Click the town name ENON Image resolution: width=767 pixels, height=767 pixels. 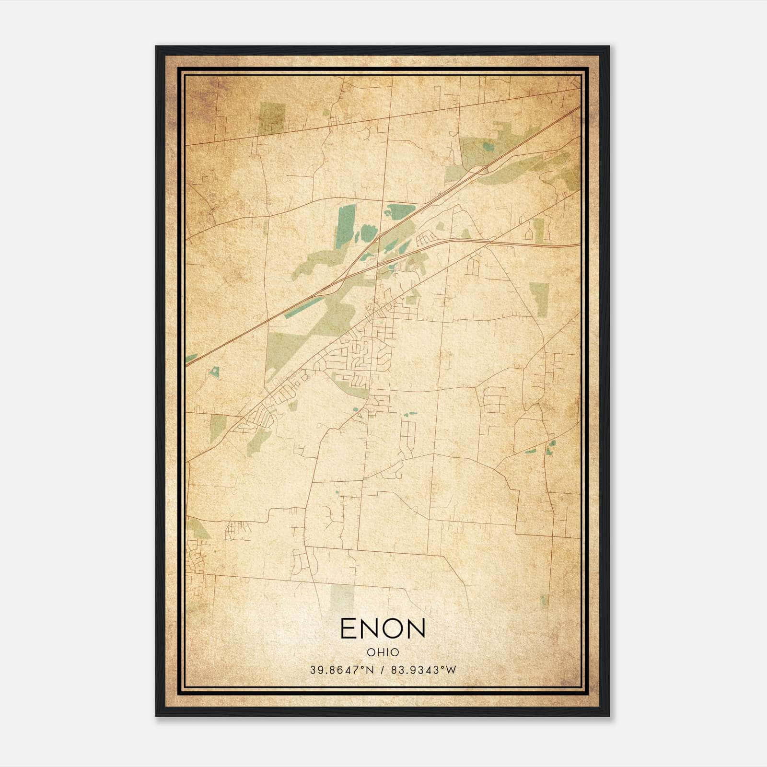383,628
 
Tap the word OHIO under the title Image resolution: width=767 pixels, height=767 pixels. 383,652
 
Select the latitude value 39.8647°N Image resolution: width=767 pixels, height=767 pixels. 341,670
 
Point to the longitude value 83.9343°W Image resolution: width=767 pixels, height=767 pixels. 423,670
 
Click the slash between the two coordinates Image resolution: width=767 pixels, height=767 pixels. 382,670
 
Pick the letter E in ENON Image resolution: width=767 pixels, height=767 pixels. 348,628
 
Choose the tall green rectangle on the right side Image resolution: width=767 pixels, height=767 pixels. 539,300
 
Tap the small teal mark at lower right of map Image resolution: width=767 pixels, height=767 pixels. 543,599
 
